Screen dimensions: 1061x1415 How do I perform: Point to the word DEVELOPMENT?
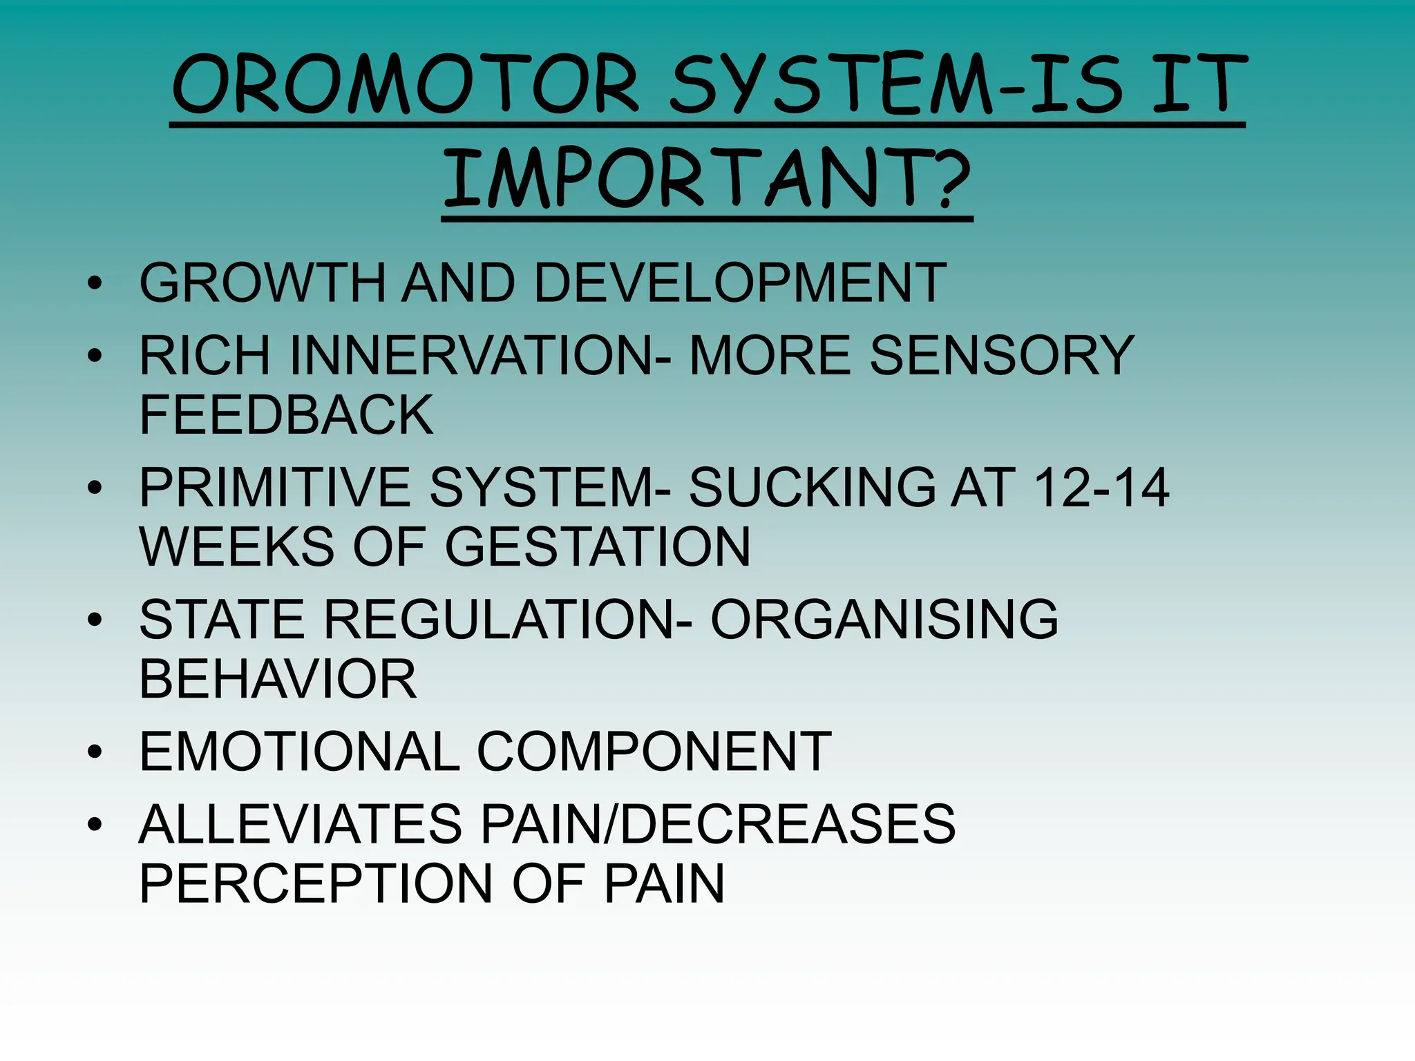click(739, 283)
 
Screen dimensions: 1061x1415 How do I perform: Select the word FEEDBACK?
click(286, 414)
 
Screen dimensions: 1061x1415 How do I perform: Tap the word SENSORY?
click(1002, 355)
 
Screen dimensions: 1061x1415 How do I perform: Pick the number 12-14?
click(1101, 488)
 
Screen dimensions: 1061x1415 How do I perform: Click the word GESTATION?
click(597, 547)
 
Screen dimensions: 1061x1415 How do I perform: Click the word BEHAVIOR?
click(278, 679)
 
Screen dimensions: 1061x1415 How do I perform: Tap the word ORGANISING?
click(884, 619)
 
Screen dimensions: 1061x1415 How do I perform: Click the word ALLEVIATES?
click(301, 823)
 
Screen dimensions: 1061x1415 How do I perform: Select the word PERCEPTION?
click(315, 883)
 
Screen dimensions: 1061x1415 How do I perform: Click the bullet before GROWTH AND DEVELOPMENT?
click(95, 283)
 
